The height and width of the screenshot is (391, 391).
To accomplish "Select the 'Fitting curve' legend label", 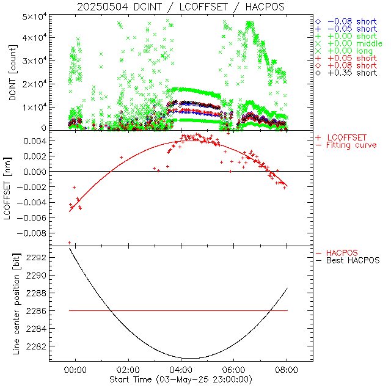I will coord(351,145).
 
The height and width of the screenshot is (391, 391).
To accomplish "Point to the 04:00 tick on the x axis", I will coord(181,370).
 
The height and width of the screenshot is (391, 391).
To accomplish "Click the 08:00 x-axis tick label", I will coord(287,370).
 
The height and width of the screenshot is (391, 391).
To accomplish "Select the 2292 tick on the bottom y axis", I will coord(38,258).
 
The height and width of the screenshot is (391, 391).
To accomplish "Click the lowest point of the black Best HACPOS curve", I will coord(190,358).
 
